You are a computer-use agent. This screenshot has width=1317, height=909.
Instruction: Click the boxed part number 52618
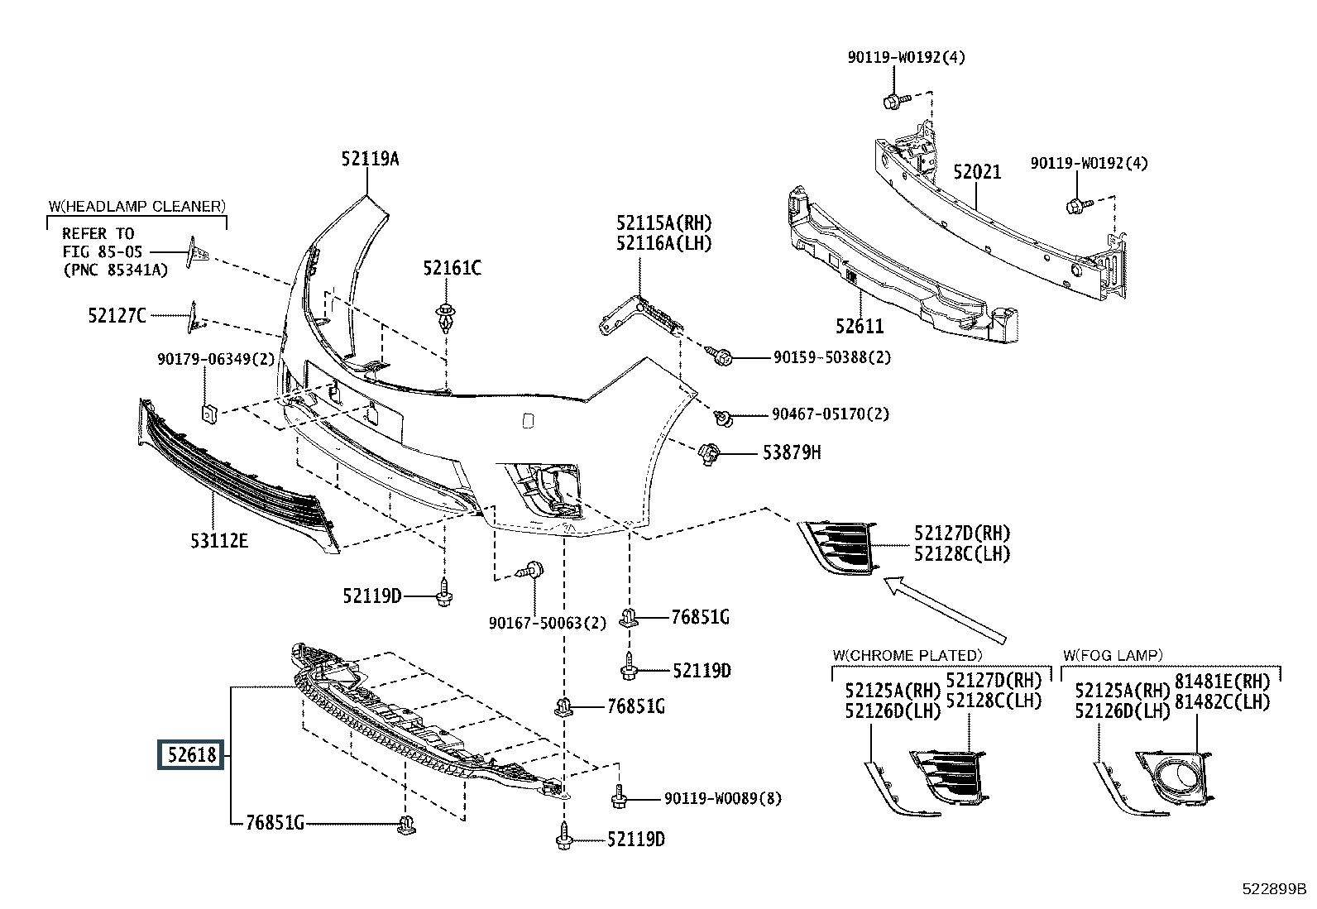point(191,754)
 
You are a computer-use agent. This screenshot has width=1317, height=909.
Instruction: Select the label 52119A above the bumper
point(370,159)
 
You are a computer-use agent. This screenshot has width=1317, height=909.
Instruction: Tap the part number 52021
point(976,172)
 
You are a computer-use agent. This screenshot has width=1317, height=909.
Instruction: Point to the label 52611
point(860,327)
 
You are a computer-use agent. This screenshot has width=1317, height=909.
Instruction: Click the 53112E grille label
point(219,541)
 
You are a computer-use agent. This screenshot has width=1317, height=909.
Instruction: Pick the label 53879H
point(792,452)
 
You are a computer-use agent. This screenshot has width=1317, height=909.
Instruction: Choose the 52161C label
point(453,268)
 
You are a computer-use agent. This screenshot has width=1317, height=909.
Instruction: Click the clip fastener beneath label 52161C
point(446,317)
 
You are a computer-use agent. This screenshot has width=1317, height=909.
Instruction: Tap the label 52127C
point(117,316)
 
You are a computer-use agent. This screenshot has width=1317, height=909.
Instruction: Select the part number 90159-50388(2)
point(832,357)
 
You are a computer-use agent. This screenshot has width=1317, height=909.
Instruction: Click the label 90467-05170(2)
point(831,414)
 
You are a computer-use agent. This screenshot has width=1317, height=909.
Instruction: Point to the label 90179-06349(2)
point(216,359)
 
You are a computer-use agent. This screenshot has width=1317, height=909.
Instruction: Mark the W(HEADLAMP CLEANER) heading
point(137,207)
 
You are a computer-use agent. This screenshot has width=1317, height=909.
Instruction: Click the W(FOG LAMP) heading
point(1113,655)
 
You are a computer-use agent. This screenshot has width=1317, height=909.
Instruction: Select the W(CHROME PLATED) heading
point(908,655)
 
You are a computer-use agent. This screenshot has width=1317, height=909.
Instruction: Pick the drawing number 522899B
point(1274,888)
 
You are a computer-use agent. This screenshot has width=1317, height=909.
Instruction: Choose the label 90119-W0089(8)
point(723,798)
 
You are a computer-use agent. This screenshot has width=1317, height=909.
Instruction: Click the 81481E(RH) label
point(1223,682)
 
